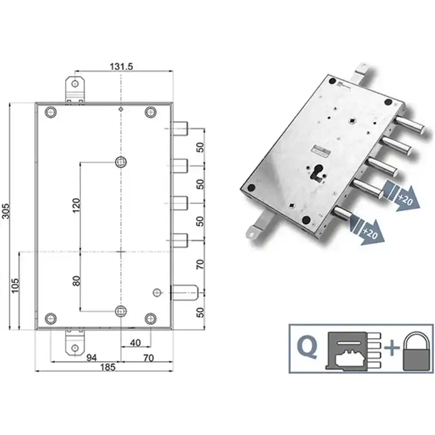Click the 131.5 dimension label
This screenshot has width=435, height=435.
click(121, 66)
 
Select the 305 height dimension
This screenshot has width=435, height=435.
click(6, 211)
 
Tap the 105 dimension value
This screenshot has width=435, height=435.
click(15, 285)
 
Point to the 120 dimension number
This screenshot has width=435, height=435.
click(76, 206)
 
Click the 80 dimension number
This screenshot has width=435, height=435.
click(76, 281)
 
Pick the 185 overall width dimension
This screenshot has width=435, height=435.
click(107, 368)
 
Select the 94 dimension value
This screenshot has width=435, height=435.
click(91, 358)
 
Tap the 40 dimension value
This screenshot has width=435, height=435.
click(135, 343)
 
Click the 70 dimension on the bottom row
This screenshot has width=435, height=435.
click(148, 358)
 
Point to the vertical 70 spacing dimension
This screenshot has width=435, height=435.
click(200, 264)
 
